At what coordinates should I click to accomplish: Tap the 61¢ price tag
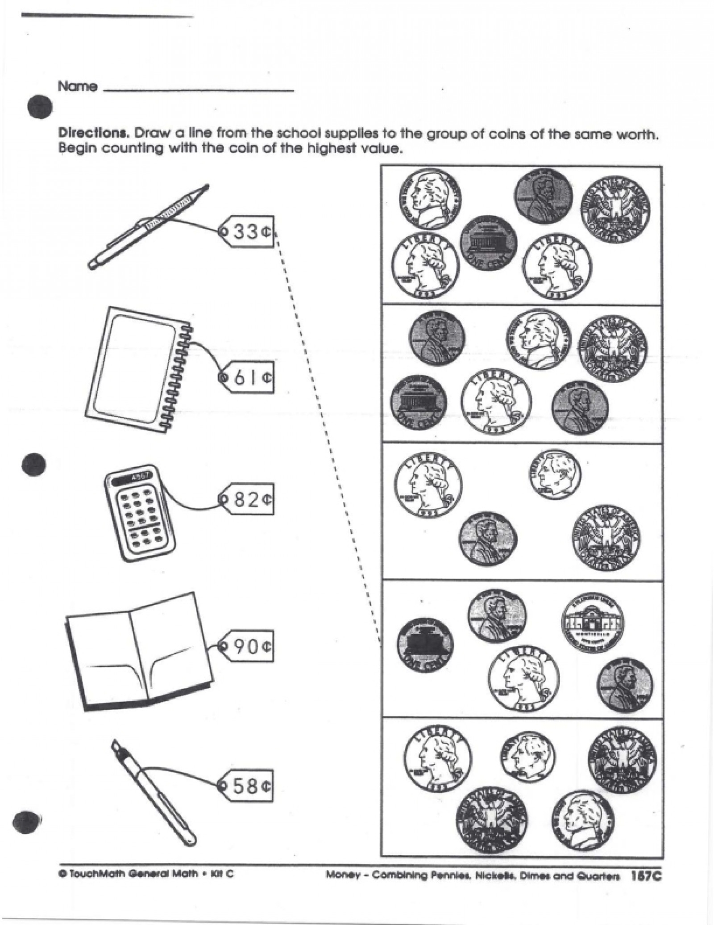pos(248,377)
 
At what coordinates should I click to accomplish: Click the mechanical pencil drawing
pos(148,227)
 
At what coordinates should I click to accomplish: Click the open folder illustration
pos(139,653)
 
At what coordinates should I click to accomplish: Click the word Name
pos(77,87)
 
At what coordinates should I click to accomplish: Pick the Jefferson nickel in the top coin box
pos(430,197)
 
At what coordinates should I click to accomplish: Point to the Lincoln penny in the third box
pos(488,540)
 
